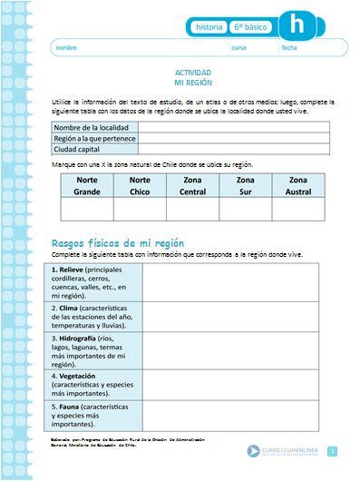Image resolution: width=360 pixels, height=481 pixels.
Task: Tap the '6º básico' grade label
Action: point(249,27)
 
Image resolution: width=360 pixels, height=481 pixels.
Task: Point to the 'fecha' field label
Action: point(289,47)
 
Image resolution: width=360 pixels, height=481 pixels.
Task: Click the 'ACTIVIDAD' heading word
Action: point(192,72)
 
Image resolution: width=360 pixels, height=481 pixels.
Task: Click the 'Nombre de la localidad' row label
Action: point(91,128)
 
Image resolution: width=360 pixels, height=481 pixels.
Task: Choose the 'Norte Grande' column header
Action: point(87,186)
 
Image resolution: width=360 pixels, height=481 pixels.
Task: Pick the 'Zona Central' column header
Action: point(192,186)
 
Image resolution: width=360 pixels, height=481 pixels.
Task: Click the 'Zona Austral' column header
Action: point(298,186)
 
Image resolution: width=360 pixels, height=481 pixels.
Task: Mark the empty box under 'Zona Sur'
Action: point(245,209)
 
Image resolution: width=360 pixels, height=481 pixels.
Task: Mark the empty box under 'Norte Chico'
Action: point(140,209)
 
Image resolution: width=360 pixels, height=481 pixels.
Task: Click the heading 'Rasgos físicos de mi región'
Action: point(118,243)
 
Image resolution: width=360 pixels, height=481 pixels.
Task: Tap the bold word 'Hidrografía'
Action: point(82,337)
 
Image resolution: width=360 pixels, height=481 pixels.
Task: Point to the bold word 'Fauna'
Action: point(71,407)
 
